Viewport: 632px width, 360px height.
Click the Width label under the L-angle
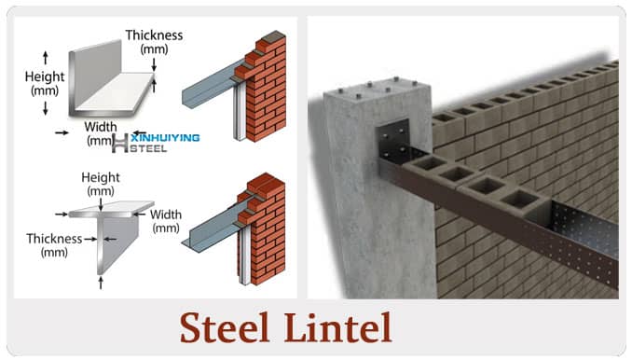[x=99, y=125]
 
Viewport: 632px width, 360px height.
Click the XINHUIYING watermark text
[x=164, y=138]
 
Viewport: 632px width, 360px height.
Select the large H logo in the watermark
[x=119, y=143]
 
